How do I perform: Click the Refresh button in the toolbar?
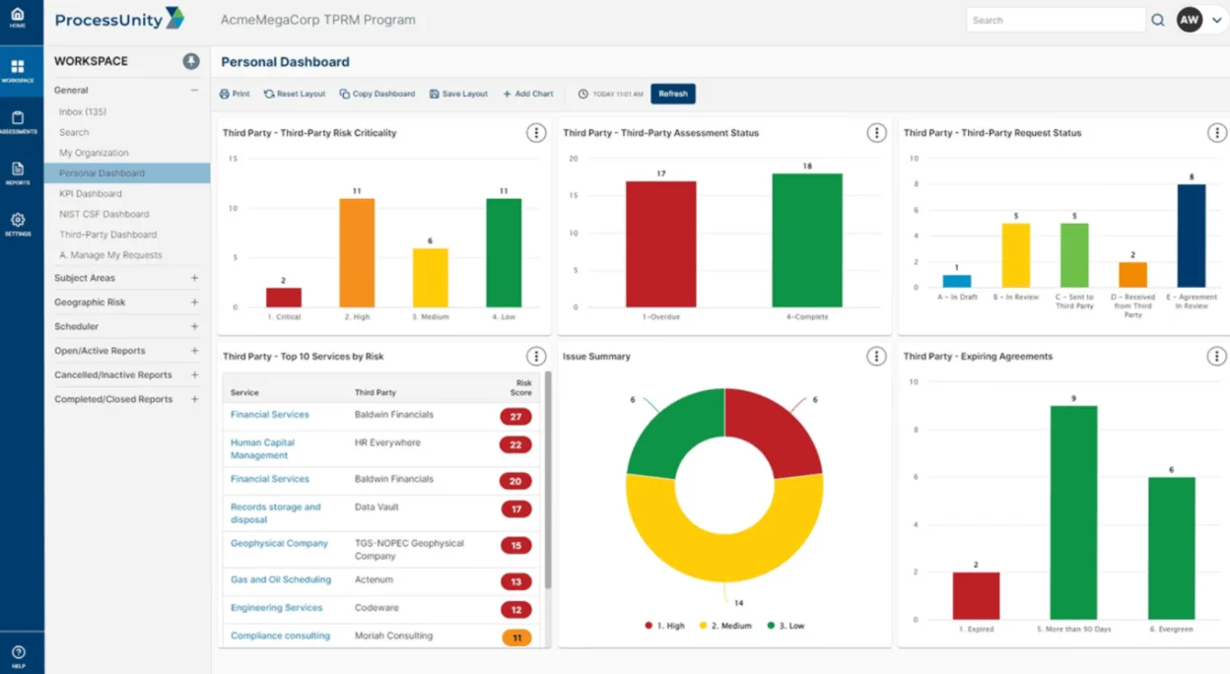pos(673,94)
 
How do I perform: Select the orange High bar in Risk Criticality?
pos(357,252)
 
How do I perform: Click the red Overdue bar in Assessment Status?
pos(660,243)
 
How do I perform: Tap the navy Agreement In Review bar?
pos(1191,236)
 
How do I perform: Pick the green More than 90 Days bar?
pos(1073,511)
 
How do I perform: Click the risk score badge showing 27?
pos(515,417)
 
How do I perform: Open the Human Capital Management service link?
pos(262,449)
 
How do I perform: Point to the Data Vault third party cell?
pos(376,507)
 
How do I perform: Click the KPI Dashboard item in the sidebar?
pos(91,194)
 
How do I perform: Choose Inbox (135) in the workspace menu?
pos(83,112)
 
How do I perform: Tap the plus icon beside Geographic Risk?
pos(194,303)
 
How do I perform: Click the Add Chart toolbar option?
pos(528,94)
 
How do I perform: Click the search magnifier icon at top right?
pos(1158,20)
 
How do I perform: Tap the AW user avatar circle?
pos(1190,20)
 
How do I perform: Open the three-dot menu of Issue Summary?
pos(876,357)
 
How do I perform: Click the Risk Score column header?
pos(523,388)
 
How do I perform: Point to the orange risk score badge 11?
pos(515,638)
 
